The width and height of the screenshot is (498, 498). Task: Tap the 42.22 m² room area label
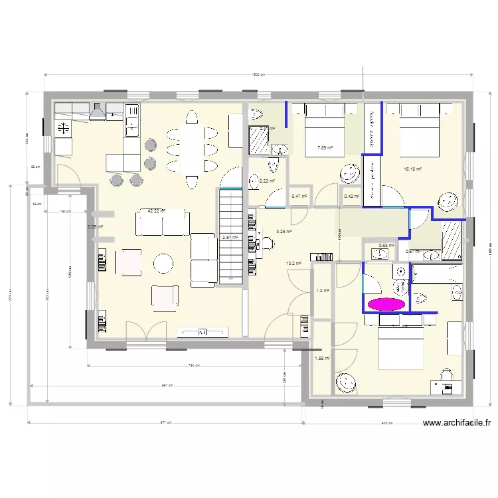click(x=156, y=210)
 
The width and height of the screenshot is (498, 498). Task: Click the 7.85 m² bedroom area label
click(x=325, y=148)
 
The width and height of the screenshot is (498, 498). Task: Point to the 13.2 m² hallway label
click(x=293, y=263)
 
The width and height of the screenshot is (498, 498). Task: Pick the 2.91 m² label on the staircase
click(x=230, y=238)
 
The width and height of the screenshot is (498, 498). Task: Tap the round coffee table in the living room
click(x=163, y=264)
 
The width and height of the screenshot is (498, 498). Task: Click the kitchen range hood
click(x=98, y=112)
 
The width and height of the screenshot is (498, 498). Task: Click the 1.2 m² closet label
click(x=323, y=290)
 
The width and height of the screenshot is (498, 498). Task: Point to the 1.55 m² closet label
click(x=323, y=358)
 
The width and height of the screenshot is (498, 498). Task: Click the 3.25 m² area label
click(x=284, y=231)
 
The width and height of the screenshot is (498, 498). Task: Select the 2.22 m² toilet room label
click(x=267, y=181)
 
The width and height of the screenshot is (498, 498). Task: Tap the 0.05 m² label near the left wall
click(x=95, y=226)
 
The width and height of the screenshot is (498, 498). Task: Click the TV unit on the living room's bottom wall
click(x=203, y=331)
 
